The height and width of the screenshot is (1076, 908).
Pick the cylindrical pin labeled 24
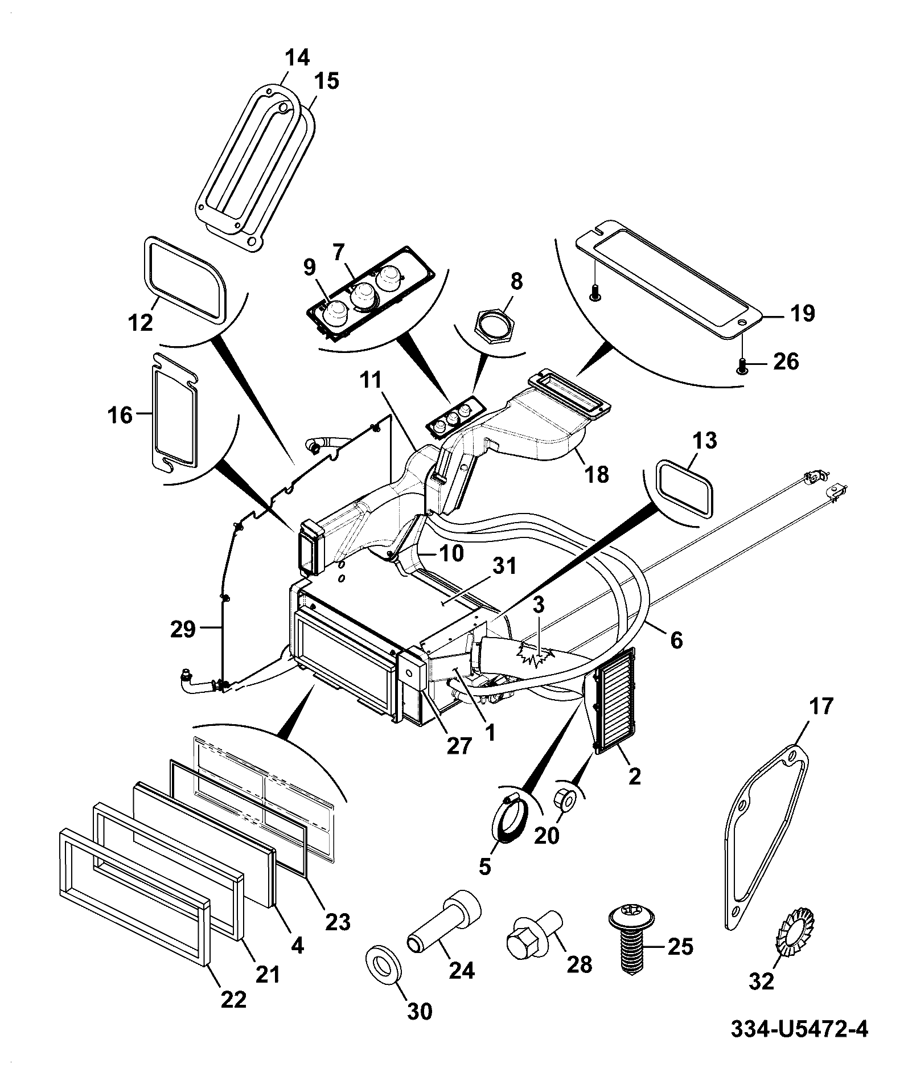click(x=443, y=922)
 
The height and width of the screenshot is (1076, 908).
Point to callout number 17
click(x=820, y=706)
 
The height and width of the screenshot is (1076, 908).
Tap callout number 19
click(x=803, y=313)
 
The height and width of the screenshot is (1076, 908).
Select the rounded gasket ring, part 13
click(x=685, y=489)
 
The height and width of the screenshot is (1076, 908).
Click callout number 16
click(x=121, y=415)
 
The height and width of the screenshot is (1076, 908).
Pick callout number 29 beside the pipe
click(x=183, y=630)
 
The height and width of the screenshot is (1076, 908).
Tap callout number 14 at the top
click(x=297, y=58)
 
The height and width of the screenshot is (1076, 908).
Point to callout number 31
click(x=504, y=566)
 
